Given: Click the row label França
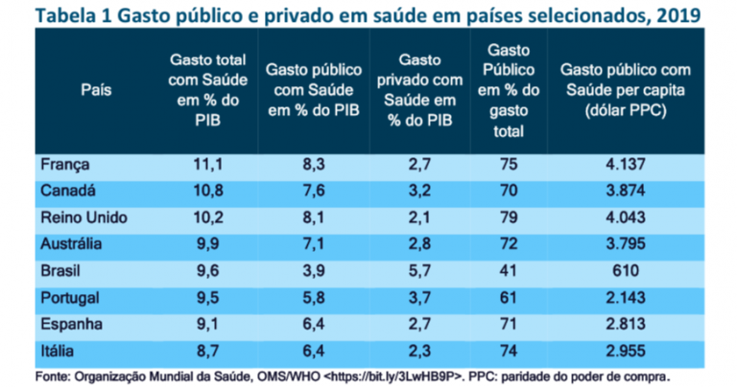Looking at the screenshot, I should (x=65, y=166).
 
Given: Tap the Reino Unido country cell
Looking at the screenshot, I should (x=84, y=217).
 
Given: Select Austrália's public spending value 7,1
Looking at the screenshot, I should (x=313, y=243).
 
